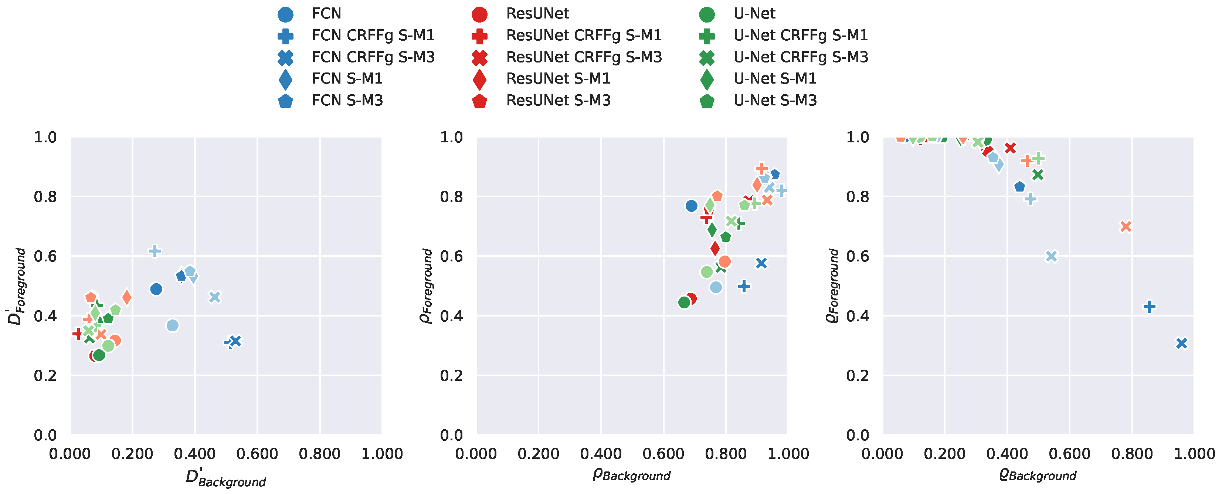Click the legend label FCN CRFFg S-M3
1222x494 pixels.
click(x=373, y=57)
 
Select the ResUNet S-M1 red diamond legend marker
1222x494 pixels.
click(x=480, y=79)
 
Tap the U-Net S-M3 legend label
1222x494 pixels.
click(x=775, y=101)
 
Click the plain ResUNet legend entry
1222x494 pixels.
click(x=537, y=14)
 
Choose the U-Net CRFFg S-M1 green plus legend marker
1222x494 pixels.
click(x=707, y=35)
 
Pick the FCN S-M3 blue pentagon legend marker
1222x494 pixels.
click(x=285, y=101)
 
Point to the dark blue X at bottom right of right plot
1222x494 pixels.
click(x=1181, y=343)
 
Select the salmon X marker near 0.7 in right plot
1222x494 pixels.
click(x=1126, y=227)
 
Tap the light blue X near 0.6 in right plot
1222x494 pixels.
click(x=1051, y=256)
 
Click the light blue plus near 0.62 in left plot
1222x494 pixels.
click(x=155, y=251)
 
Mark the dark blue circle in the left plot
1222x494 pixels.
click(x=156, y=289)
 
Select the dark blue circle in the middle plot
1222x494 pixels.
click(x=691, y=206)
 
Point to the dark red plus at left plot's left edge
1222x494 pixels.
click(x=78, y=334)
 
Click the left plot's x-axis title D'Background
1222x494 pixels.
click(x=225, y=477)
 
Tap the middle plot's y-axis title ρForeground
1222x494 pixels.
click(x=427, y=286)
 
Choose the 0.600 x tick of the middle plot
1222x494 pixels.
click(x=663, y=454)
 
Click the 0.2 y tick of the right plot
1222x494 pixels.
click(x=857, y=376)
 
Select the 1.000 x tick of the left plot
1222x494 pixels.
click(x=382, y=454)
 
